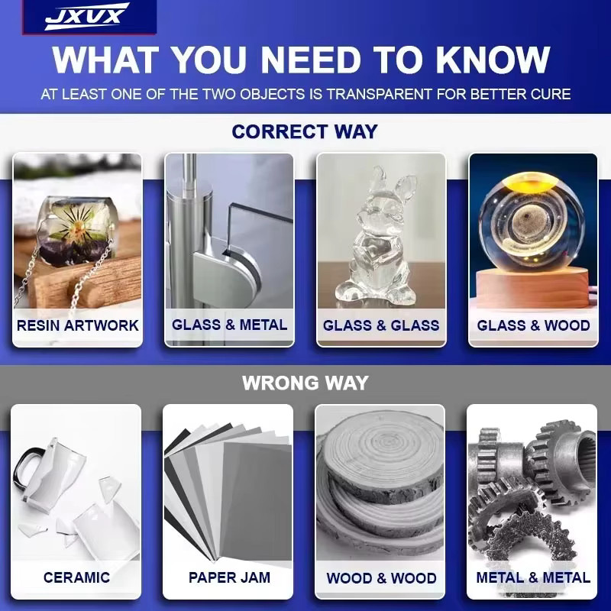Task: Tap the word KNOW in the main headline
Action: pos(493,60)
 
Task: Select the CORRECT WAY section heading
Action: pos(305,131)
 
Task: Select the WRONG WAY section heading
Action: pos(305,383)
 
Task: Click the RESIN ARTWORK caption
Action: pos(78,325)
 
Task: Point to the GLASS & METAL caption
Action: pos(230,325)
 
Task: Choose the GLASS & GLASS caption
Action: pos(381,325)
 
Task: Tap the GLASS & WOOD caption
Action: pos(533,325)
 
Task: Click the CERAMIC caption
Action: pos(76,577)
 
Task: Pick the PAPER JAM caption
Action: pos(229,577)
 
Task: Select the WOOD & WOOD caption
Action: pos(381,578)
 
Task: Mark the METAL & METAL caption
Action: pos(533,577)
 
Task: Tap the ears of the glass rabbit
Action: pos(392,183)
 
